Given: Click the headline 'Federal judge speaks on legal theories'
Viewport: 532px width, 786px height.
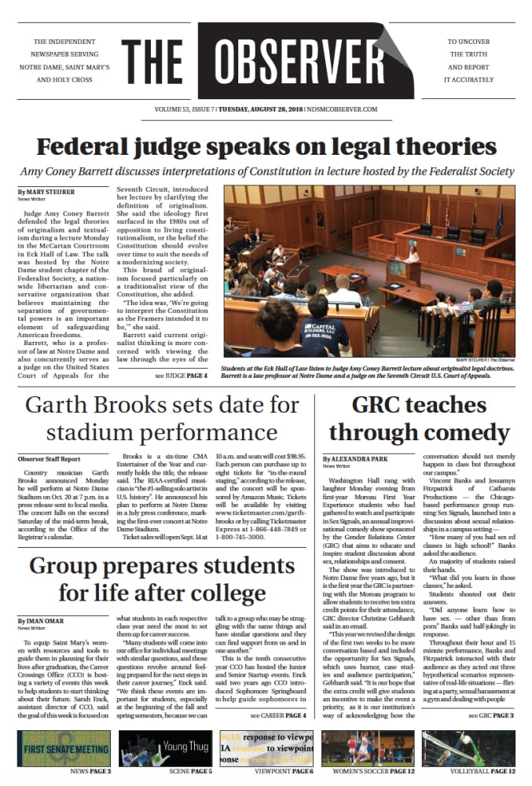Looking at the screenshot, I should pos(266,147).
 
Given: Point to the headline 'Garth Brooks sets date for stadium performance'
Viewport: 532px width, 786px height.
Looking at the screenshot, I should pos(163,419).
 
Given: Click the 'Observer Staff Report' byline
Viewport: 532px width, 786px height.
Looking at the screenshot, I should pos(49,458).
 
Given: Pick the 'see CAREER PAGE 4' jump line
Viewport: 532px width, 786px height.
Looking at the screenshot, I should pos(278,716).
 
